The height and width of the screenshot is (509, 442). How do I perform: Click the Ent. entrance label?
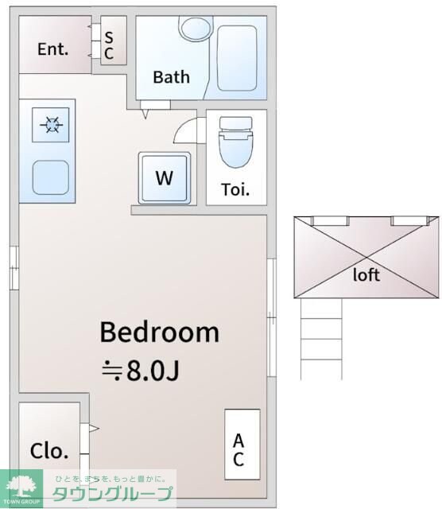point(53,49)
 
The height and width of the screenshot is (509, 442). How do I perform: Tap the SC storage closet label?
point(109,46)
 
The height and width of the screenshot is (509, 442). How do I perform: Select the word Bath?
point(172,77)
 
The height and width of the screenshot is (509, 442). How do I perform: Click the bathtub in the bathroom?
point(237,58)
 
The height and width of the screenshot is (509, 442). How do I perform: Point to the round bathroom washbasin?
point(195,29)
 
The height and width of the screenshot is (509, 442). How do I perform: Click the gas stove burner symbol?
point(51,125)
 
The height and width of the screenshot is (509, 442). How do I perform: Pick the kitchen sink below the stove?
point(51,177)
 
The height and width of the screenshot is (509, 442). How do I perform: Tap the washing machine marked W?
point(165,178)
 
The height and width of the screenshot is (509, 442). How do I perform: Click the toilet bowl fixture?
point(236,142)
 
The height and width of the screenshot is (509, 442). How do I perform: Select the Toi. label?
point(235,190)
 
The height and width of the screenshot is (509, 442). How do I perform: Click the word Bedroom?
point(159,332)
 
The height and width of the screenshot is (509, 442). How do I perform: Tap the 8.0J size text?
point(153,371)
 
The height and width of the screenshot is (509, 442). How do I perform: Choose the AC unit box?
point(242,445)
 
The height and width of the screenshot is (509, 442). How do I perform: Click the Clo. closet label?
point(49,451)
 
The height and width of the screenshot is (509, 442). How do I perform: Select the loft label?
point(366,275)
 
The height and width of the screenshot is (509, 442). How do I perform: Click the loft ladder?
point(321,339)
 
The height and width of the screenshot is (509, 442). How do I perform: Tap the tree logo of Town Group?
point(21,486)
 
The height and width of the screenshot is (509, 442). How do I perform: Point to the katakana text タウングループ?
point(112,494)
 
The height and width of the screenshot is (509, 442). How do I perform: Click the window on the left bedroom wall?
point(14,268)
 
